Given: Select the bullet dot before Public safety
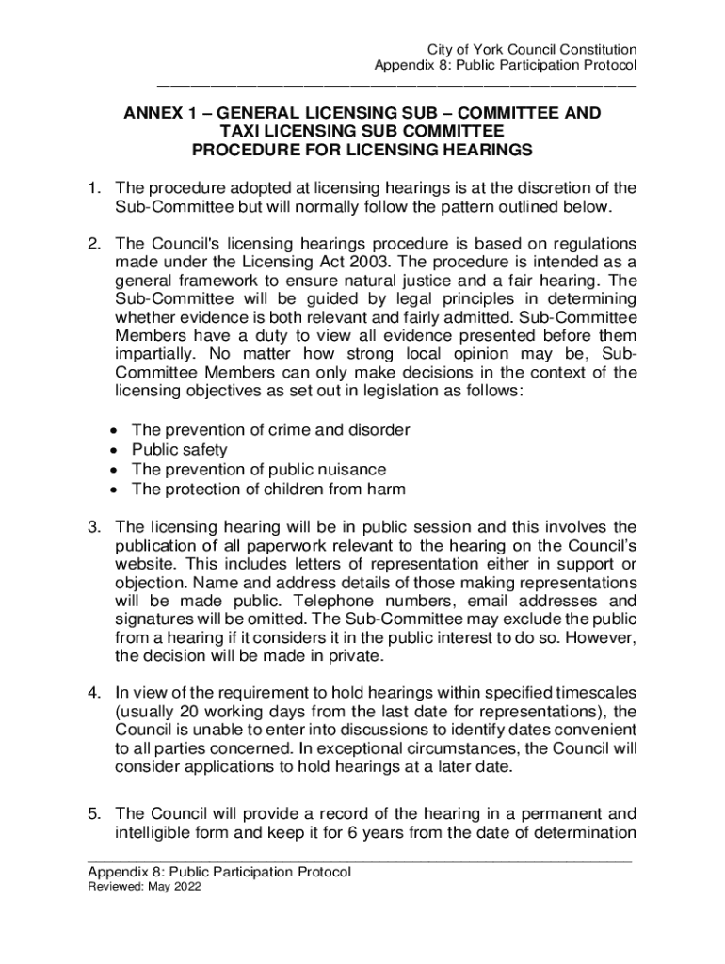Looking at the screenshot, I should [x=114, y=450].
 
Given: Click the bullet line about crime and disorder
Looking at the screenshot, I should [x=270, y=430].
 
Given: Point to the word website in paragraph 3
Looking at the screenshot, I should [x=145, y=563].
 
